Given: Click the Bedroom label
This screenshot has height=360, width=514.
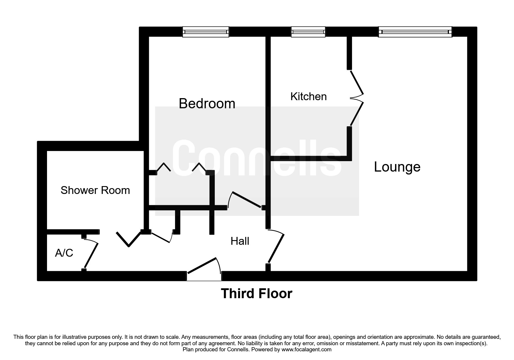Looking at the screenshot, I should point(207,104).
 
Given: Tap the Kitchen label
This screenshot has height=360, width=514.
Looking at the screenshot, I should point(308,96).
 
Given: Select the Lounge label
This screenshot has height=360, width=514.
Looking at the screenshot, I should point(397,167).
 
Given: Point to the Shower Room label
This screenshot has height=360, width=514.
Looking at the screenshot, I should point(95,190).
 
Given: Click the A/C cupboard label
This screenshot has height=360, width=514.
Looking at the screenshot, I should point(64,253).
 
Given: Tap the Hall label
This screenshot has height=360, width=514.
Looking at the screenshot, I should point(240,241).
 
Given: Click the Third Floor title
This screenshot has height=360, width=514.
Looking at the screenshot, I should point(257,294).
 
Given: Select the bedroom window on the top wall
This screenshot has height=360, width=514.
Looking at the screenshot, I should point(205,32).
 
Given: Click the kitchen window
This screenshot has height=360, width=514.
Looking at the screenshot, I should point(308,32).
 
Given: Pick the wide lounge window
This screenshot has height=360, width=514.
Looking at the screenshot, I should point(415,32).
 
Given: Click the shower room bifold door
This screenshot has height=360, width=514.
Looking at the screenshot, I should point(128,239).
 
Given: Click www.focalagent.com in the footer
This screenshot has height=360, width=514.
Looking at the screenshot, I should point(306,350).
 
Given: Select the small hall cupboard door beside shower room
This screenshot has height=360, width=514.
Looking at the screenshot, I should point(161,237).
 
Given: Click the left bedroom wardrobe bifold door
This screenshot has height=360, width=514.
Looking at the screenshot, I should point(164,168).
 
